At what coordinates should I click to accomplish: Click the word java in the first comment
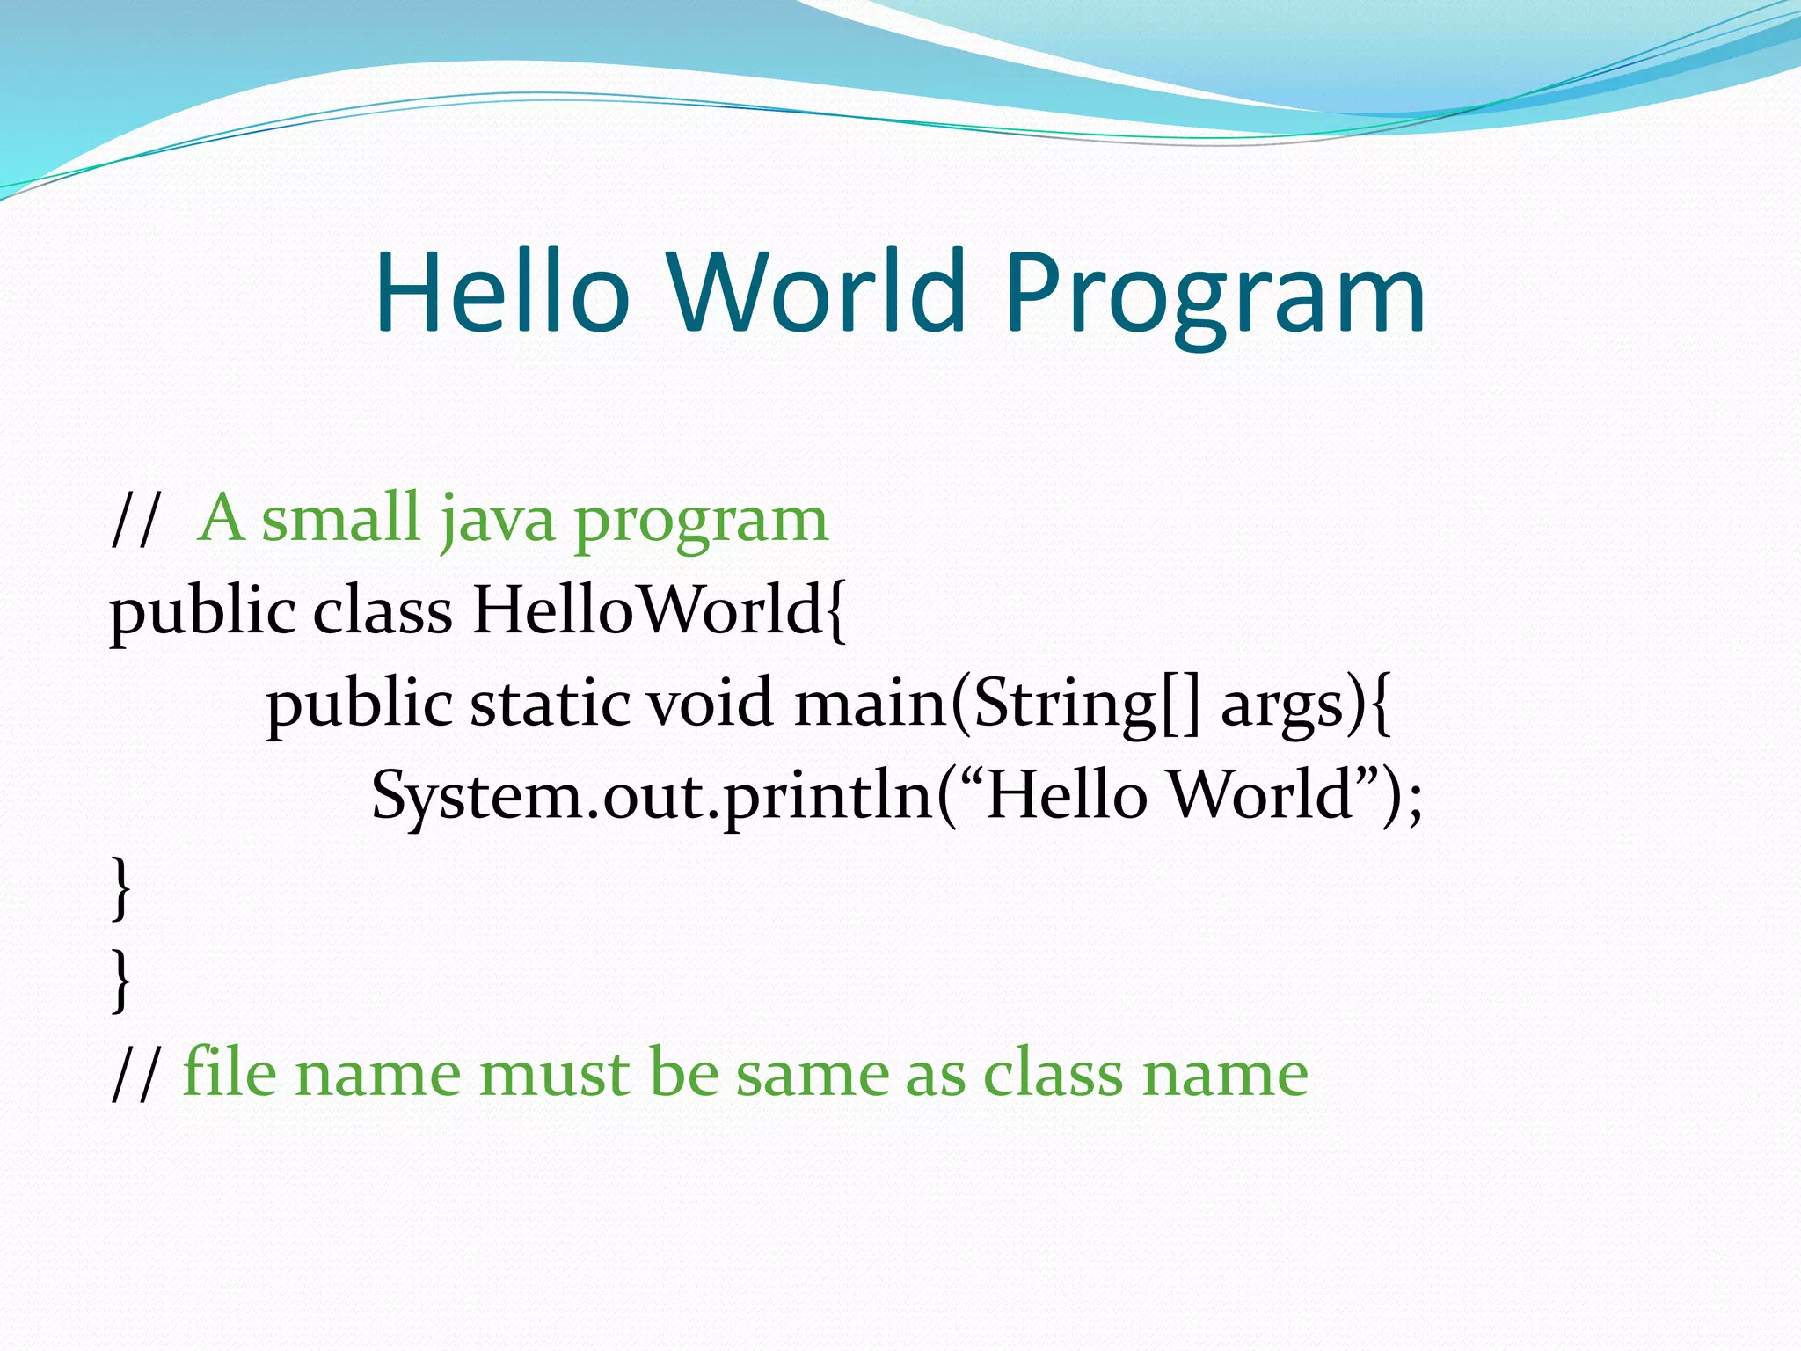pos(498,520)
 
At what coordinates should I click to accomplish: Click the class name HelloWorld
pos(647,610)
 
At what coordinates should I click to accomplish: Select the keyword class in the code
pos(383,610)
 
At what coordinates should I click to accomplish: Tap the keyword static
pos(550,704)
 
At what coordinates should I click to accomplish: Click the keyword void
pos(711,704)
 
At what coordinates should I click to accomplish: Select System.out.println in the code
pos(651,796)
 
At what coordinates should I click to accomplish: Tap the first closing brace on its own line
pos(121,888)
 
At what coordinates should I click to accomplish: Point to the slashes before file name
pos(137,1074)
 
